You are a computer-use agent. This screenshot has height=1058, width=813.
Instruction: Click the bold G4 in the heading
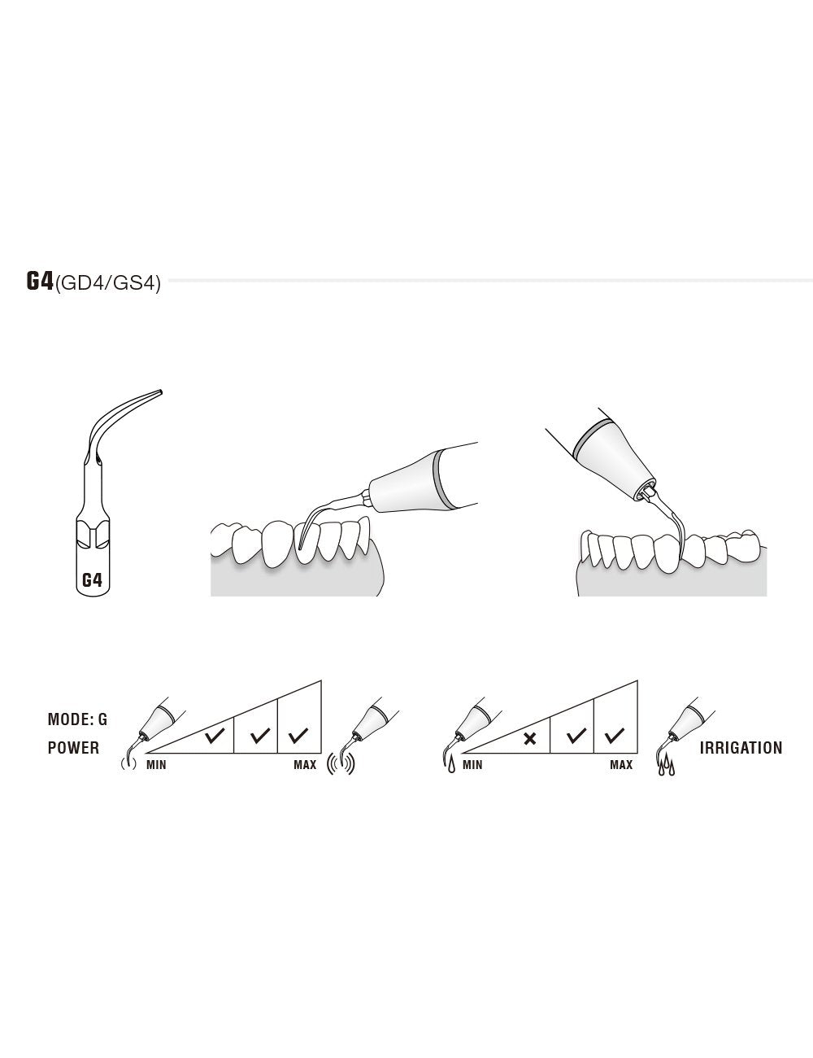click(x=40, y=281)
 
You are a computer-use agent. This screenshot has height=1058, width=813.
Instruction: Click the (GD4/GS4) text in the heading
click(x=107, y=283)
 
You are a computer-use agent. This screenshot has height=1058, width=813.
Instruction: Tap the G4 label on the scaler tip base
click(x=92, y=580)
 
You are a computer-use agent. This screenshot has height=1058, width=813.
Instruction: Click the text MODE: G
click(x=77, y=719)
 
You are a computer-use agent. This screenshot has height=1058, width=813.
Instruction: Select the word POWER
click(x=73, y=747)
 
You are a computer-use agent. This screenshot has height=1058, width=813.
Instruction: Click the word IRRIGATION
click(x=741, y=747)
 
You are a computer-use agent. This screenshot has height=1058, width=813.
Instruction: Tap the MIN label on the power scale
click(x=156, y=765)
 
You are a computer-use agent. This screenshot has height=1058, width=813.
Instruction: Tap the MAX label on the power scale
click(x=305, y=765)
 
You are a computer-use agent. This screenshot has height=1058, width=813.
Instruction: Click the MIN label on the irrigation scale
click(x=472, y=765)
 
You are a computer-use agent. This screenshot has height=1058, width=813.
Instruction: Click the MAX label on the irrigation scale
click(x=621, y=765)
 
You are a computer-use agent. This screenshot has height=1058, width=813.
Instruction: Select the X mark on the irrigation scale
click(x=529, y=739)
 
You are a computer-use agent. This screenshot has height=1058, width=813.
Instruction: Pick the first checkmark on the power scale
click(x=215, y=737)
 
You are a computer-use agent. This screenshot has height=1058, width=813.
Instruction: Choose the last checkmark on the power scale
click(x=298, y=737)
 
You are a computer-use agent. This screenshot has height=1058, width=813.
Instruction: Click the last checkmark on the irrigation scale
click(x=615, y=737)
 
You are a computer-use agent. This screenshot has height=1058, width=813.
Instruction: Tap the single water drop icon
click(x=451, y=765)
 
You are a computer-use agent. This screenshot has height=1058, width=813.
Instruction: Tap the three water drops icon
click(x=666, y=765)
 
